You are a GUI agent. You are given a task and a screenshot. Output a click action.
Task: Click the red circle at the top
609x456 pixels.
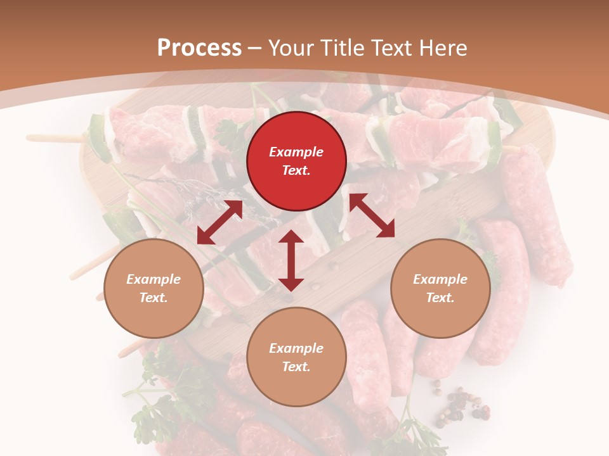coord(296,161)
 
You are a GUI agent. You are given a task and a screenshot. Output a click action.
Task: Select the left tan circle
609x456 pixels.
coord(154,288)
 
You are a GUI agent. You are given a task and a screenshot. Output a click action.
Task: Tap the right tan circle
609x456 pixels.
coord(440,288)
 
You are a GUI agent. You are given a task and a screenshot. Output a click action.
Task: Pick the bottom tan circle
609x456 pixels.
coord(296,357)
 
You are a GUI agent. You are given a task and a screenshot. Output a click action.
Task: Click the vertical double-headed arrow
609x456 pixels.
coord(291,260)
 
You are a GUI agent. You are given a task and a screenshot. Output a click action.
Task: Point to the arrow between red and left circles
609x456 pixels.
coord(219,222)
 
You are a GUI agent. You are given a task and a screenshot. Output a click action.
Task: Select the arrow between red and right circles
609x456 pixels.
coord(372,215)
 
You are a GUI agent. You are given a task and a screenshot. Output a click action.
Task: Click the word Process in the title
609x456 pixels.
coord(199,47)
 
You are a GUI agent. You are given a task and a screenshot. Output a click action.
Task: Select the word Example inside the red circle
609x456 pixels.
coord(296,152)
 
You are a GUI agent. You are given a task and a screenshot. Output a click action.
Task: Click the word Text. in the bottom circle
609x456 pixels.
coord(296,367)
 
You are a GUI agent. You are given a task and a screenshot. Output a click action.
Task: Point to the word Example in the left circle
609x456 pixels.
coord(154,279)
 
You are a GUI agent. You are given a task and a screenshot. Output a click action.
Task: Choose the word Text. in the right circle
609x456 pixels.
coord(440,298)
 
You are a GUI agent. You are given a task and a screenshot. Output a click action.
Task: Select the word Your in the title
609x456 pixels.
coord(292,47)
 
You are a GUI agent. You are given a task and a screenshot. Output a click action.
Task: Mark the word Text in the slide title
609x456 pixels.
coord(389,47)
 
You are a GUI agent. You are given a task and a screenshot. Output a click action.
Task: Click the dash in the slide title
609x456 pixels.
coord(255,48)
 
